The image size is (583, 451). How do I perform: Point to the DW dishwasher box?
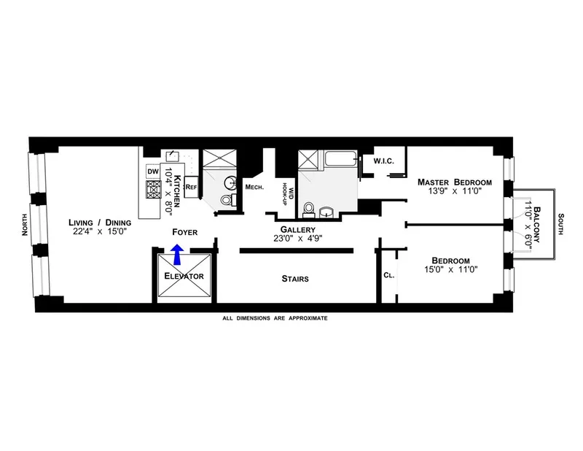pyautogui.click(x=153, y=171)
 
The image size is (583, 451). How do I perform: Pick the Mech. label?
pyautogui.click(x=254, y=187)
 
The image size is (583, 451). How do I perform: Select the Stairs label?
pyautogui.click(x=296, y=278)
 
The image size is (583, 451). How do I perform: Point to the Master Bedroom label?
pyautogui.click(x=455, y=182)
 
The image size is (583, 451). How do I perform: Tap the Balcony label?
pyautogui.click(x=537, y=225)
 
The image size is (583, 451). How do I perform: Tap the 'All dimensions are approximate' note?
pyautogui.click(x=275, y=318)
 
